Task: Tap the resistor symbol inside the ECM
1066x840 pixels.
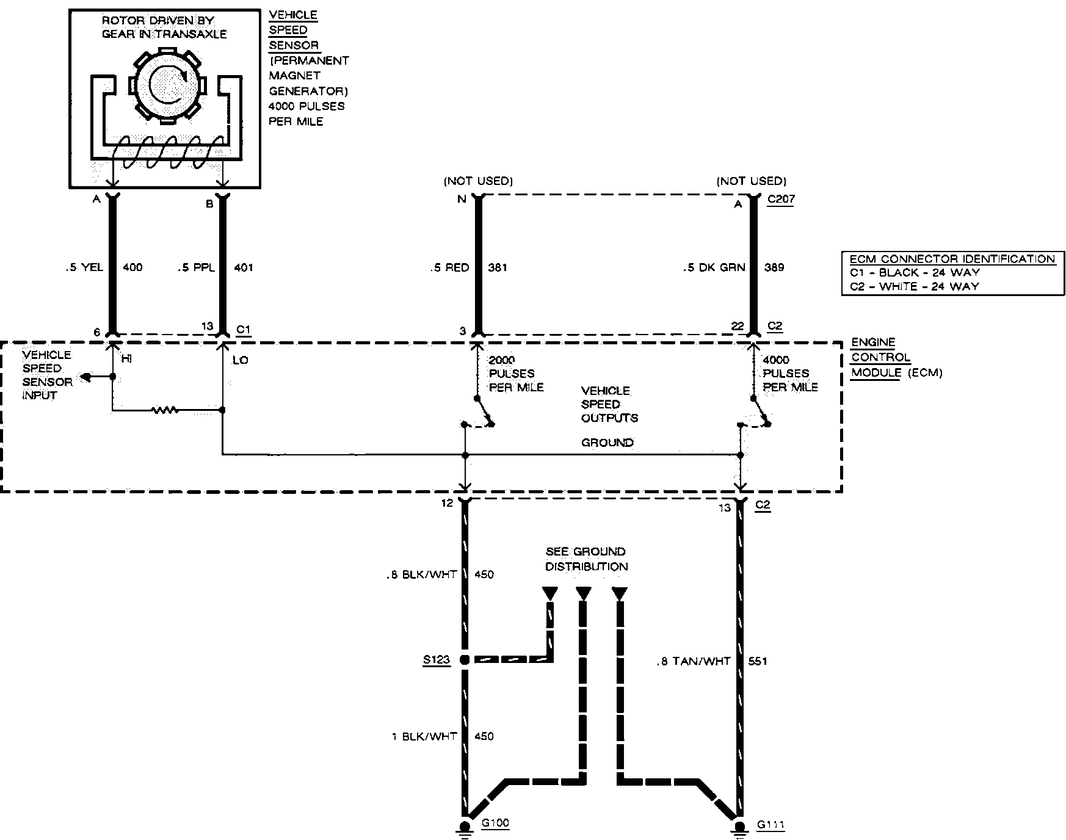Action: tap(165, 410)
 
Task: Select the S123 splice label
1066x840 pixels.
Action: tap(436, 659)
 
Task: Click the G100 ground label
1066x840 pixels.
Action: tap(495, 823)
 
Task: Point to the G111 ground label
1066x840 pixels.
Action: tap(770, 825)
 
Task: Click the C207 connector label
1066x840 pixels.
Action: tap(781, 200)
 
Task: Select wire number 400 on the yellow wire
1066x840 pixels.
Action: tap(132, 267)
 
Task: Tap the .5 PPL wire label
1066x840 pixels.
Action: tap(197, 267)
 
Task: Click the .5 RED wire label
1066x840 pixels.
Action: tap(450, 267)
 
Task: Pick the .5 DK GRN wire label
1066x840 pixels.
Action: tap(714, 267)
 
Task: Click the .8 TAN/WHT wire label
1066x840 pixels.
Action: tap(694, 661)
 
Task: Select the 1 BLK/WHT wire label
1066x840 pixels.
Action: tap(424, 736)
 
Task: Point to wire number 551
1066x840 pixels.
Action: tap(757, 661)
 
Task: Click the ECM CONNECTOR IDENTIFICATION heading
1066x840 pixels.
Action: tap(952, 259)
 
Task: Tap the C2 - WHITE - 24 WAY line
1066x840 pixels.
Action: tap(914, 286)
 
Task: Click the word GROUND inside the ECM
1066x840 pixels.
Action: tap(607, 442)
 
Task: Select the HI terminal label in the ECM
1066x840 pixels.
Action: tap(126, 360)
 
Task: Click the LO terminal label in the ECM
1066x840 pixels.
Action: tap(240, 360)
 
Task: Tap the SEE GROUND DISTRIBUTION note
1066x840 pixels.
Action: tap(586, 559)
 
